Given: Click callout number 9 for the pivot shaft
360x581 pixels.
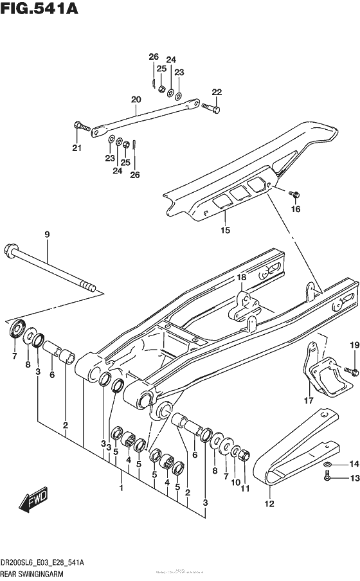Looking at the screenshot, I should [x=47, y=235].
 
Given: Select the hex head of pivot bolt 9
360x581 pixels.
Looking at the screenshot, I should [x=12, y=249].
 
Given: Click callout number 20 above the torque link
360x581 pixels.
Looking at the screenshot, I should [x=135, y=100].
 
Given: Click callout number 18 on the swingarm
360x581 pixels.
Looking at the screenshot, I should [x=241, y=277].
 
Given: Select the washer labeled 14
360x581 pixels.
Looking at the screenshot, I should [x=327, y=464].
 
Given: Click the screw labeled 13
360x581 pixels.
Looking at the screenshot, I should [x=327, y=476].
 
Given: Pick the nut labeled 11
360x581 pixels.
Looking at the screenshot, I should [x=244, y=455].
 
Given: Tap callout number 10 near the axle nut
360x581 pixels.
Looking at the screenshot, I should [x=236, y=482].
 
